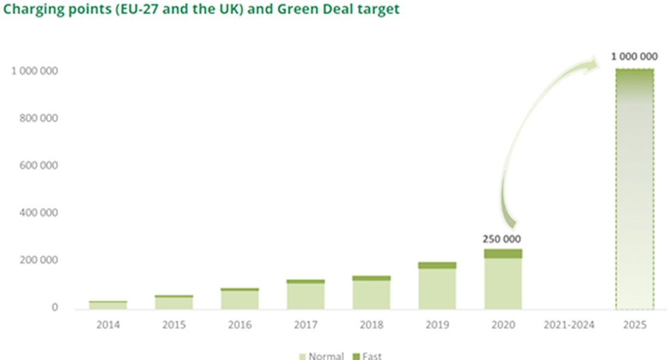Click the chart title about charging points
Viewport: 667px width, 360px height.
(x=201, y=9)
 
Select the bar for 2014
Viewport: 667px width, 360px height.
(x=108, y=305)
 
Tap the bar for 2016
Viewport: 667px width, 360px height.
(x=240, y=299)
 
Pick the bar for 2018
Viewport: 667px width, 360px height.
(x=371, y=293)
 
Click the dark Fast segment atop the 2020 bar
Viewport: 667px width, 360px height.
(x=503, y=253)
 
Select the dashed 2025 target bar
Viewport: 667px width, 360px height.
(x=634, y=190)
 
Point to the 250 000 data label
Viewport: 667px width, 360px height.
(x=501, y=240)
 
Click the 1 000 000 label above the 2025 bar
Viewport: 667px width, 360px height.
(x=634, y=57)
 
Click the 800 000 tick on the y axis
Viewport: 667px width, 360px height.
(x=35, y=118)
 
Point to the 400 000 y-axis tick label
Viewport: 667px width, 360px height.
(x=35, y=212)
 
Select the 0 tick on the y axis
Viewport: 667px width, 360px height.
(x=54, y=307)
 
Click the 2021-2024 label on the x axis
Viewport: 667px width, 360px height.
(x=568, y=325)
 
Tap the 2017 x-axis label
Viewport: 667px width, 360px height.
(x=306, y=325)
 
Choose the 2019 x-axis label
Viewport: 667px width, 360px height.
(x=437, y=325)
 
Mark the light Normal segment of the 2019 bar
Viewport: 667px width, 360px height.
(x=437, y=289)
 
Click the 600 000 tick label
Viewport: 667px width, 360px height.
(x=35, y=165)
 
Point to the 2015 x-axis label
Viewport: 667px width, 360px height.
(x=174, y=325)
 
